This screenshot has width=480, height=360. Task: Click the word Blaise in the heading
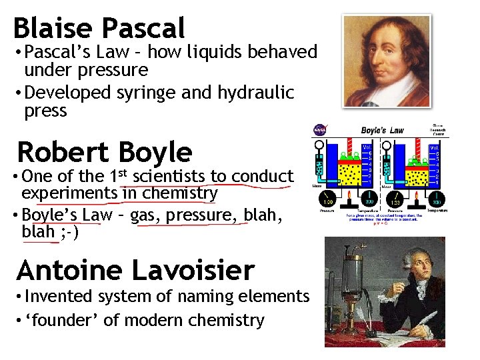(x=53, y=28)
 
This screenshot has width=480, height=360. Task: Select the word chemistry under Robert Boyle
(x=180, y=193)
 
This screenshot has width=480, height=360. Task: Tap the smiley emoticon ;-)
(x=69, y=232)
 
